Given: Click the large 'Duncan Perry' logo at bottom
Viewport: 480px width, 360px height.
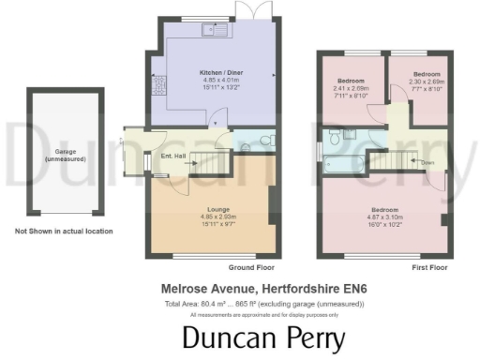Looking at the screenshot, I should click(x=263, y=338).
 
